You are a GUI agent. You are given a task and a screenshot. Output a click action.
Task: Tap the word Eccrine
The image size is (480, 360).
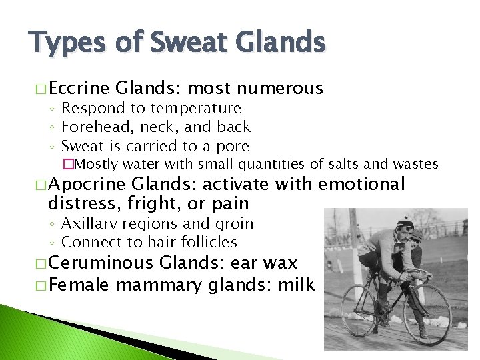79,88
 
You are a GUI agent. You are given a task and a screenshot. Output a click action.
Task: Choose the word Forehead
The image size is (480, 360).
93,127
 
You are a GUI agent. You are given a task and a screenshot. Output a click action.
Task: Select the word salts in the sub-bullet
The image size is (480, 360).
345,163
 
